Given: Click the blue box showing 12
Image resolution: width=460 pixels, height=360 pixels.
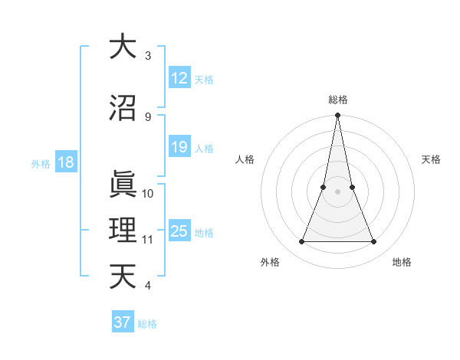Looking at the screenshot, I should (179, 78).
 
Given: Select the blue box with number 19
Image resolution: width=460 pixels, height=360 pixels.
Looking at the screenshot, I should (179, 147).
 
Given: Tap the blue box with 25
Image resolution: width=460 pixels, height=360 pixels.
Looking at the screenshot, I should (179, 231).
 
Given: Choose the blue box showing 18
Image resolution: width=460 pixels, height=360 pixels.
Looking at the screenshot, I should (65, 162).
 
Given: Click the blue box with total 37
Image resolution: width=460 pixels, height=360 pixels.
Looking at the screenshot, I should (122, 322).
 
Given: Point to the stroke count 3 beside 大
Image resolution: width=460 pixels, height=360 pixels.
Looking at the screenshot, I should (148, 56).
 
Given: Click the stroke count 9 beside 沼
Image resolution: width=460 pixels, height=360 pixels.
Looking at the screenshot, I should (148, 117).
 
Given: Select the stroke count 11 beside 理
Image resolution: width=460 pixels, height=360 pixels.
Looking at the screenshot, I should (148, 240).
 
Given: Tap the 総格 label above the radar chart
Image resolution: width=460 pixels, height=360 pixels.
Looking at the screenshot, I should (338, 100).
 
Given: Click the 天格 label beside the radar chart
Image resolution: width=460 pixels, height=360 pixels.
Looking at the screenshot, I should (432, 159).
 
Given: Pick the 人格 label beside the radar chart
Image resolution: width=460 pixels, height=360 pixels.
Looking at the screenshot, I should (245, 159).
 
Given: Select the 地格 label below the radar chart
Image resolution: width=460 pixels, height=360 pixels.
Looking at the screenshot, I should (402, 262).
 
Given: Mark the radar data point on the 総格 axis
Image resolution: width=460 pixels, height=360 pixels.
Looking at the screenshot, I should (338, 116).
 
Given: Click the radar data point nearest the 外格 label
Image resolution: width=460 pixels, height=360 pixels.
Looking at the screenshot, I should (301, 242).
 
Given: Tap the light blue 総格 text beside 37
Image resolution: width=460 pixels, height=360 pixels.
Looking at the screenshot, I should (147, 324).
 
